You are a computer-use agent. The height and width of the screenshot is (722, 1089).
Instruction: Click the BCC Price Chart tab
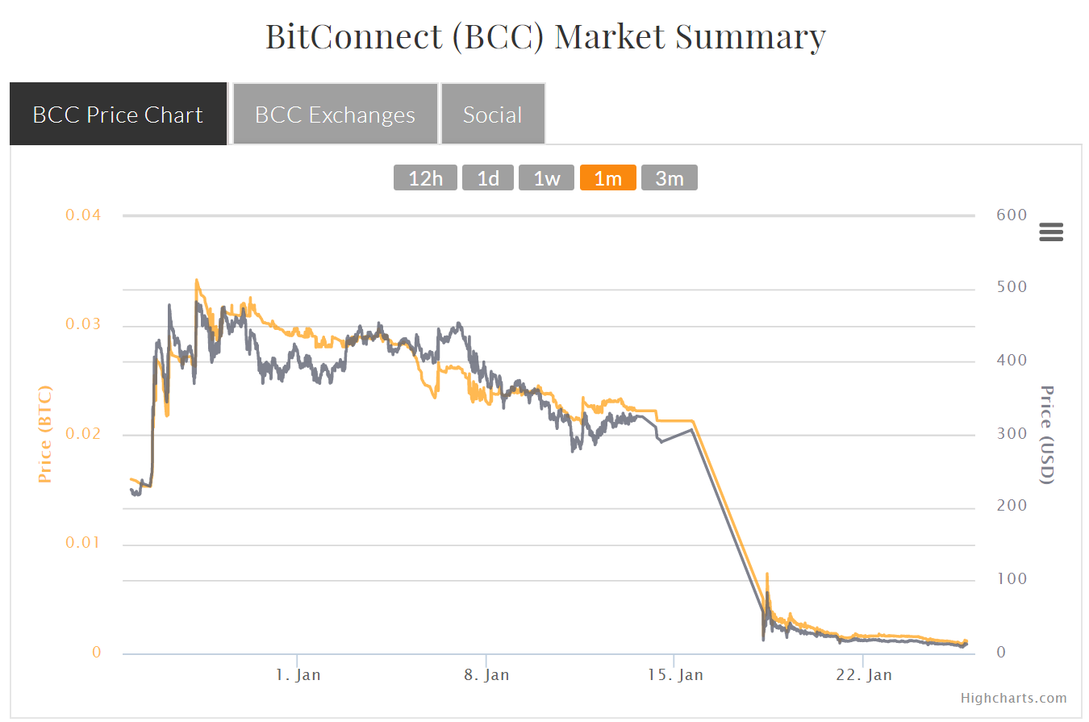coord(118,115)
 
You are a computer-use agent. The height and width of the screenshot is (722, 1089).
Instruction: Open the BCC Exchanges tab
coord(335,115)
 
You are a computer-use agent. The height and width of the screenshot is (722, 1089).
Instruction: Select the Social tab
coord(493,115)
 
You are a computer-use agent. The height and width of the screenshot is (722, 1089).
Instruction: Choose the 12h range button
coord(426,178)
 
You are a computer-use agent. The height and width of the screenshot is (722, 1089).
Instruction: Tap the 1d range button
coord(488,178)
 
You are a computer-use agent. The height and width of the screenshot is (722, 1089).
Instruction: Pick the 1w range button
coord(546,178)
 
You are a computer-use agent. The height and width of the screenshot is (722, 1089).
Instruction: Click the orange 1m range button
coord(608,178)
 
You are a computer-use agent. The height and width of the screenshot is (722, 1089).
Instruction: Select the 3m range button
coord(670,178)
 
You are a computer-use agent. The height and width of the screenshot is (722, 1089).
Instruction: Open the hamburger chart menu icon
coord(1051,232)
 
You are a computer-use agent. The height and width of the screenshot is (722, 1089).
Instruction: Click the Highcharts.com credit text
coord(1014,699)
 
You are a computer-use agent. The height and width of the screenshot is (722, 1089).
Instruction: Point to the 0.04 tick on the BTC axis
coord(84,215)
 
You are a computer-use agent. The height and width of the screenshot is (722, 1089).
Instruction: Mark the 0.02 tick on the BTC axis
coord(84,434)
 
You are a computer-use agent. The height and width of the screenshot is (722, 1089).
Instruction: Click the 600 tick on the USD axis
coord(990,215)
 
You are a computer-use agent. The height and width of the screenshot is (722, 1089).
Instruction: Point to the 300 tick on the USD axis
coord(990,434)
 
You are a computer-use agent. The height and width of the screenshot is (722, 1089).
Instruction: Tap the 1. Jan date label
coord(298,674)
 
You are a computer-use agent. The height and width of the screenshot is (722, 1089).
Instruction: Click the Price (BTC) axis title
coord(45,434)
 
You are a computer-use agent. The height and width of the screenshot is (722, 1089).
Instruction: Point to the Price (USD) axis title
coord(1046,434)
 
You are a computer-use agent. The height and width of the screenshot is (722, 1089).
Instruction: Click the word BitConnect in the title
coord(353,37)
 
